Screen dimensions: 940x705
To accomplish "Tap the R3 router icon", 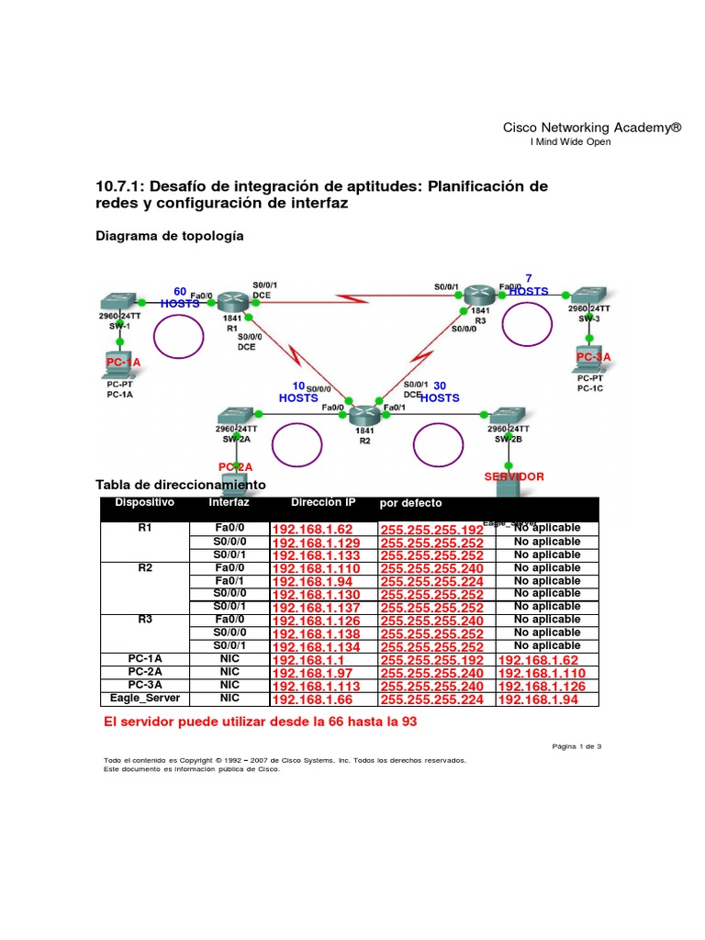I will tap(478, 294).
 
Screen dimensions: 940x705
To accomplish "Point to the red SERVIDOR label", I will tap(514, 476).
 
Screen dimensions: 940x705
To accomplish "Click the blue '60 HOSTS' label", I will tap(180, 297).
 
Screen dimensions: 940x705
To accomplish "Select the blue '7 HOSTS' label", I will tap(528, 285).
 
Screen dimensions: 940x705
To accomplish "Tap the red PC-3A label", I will tap(593, 356).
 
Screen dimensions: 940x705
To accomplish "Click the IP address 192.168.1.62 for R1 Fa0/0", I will tap(312, 530).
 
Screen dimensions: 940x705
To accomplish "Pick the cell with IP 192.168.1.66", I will tap(312, 699).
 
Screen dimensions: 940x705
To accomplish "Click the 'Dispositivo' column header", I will tap(144, 503).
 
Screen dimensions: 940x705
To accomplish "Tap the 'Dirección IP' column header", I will tap(323, 503).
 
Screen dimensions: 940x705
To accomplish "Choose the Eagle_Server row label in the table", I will tap(144, 699).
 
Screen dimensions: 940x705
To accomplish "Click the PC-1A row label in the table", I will tap(144, 659).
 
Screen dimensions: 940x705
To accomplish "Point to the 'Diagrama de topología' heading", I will tap(170, 236).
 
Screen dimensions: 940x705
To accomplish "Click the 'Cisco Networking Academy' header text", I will tap(592, 128).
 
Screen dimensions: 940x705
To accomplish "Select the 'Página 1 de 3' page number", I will tap(576, 746).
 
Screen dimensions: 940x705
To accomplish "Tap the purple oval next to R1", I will tap(174, 338).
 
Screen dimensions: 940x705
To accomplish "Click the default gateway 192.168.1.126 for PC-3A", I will tap(541, 687).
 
